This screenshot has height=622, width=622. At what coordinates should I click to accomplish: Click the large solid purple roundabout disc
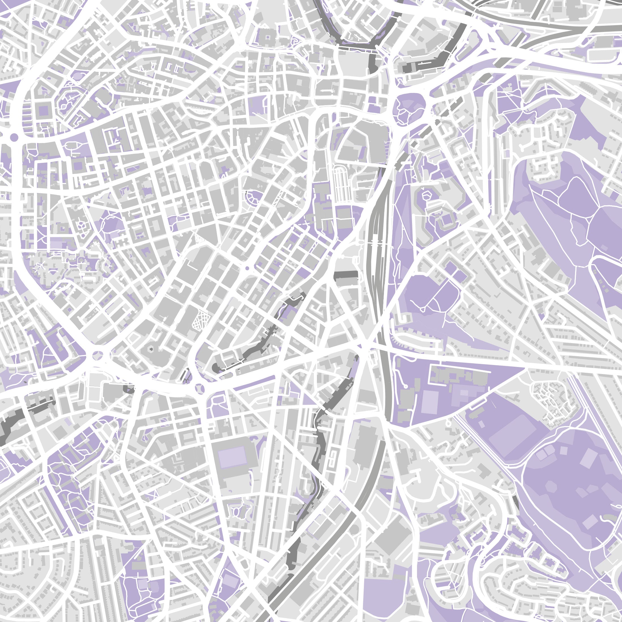[x=14, y=137]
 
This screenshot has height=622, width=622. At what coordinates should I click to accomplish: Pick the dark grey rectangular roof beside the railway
[x=346, y=276]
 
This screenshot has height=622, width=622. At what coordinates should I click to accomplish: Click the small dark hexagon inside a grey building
[x=150, y=349]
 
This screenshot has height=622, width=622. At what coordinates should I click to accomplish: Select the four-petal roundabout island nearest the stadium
[x=200, y=388]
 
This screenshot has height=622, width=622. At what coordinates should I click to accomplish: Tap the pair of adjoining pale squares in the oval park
[x=544, y=454]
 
